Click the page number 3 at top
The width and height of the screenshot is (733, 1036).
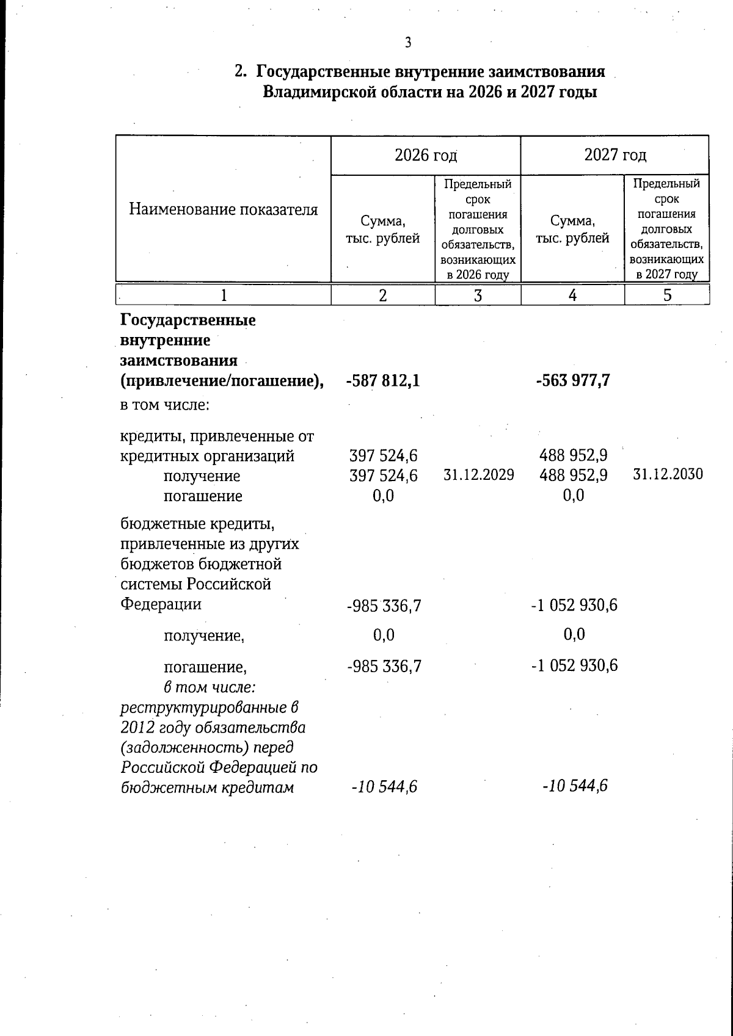pyautogui.click(x=408, y=42)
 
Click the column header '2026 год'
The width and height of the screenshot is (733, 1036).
pyautogui.click(x=426, y=155)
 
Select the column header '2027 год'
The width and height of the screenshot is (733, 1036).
pyautogui.click(x=615, y=155)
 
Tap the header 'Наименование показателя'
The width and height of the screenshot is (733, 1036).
pyautogui.click(x=224, y=210)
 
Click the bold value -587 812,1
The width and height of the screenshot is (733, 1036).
pyautogui.click(x=383, y=382)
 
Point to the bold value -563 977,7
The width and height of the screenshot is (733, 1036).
pyautogui.click(x=573, y=382)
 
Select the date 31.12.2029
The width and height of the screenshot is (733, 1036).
pyautogui.click(x=478, y=475)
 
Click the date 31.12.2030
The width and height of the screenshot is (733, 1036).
pyautogui.click(x=668, y=474)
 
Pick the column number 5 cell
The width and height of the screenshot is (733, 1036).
pyautogui.click(x=667, y=295)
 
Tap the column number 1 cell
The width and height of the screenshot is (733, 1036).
pyautogui.click(x=224, y=295)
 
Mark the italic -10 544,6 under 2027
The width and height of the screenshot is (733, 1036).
pyautogui.click(x=574, y=786)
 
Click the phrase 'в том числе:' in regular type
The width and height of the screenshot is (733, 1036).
pyautogui.click(x=165, y=405)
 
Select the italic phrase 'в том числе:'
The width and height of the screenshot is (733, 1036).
pyautogui.click(x=210, y=687)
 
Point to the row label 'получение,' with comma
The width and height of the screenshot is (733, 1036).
pyautogui.click(x=204, y=637)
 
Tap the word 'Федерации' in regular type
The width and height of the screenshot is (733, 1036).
pyautogui.click(x=161, y=604)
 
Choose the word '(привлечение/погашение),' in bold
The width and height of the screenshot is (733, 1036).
pyautogui.click(x=222, y=381)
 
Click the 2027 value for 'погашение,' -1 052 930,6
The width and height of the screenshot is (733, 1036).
pyautogui.click(x=574, y=665)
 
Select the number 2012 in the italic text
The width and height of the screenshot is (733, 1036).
pyautogui.click(x=139, y=728)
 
